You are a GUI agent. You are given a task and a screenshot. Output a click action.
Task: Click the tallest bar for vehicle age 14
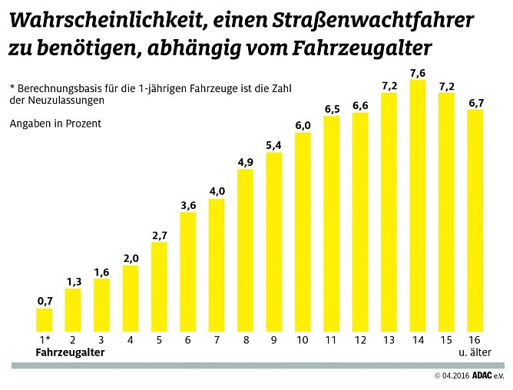click(x=418, y=206)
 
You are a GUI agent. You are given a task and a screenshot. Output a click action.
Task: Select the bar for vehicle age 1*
click(x=45, y=320)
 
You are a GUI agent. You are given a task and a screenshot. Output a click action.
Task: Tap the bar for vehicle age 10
click(x=303, y=232)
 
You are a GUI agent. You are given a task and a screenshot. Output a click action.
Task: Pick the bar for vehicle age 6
click(x=188, y=272)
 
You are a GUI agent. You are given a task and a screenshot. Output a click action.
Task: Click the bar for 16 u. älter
click(x=475, y=220)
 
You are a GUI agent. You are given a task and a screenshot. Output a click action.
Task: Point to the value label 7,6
click(x=418, y=73)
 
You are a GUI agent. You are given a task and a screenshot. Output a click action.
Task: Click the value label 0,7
click(x=45, y=301)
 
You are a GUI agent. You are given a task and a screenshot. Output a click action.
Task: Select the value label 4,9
click(x=246, y=162)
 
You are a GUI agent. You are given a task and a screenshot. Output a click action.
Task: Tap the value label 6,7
click(x=475, y=102)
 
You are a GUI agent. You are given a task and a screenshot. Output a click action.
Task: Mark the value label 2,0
click(x=131, y=258)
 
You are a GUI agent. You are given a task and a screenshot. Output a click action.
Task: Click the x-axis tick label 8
click(x=246, y=339)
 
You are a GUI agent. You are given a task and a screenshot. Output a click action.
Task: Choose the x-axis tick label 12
click(x=360, y=339)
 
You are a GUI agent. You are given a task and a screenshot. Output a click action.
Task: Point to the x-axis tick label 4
click(x=131, y=339)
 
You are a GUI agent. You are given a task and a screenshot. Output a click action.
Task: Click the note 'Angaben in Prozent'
click(x=55, y=123)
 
